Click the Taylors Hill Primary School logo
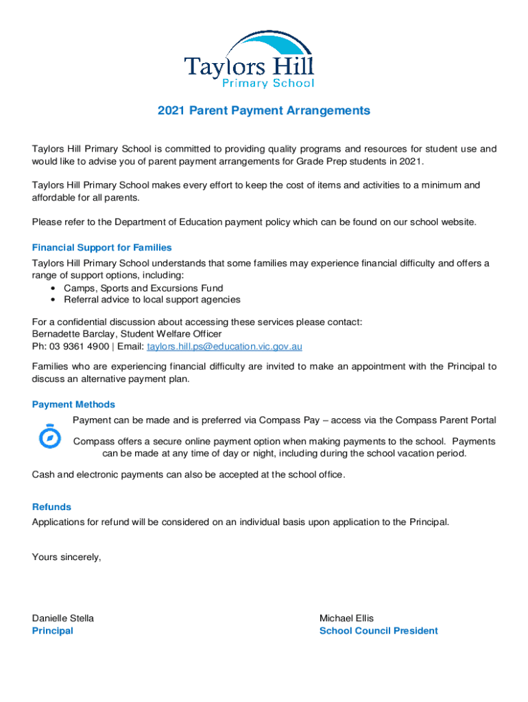pyautogui.click(x=249, y=60)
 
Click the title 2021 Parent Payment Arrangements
pyautogui.click(x=264, y=110)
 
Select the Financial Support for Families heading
pyautogui.click(x=101, y=247)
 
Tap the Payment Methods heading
pyautogui.click(x=73, y=404)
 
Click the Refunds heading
pyautogui.click(x=51, y=507)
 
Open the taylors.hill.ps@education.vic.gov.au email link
pyautogui.click(x=225, y=347)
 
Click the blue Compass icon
pyautogui.click(x=49, y=435)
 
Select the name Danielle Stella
pyautogui.click(x=63, y=618)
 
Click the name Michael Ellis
pyautogui.click(x=346, y=618)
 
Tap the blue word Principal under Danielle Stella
pyautogui.click(x=52, y=631)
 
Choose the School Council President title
pyautogui.click(x=378, y=631)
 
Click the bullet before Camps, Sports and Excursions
pyautogui.click(x=53, y=289)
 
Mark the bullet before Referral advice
pyautogui.click(x=53, y=300)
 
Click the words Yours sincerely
pyautogui.click(x=67, y=557)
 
